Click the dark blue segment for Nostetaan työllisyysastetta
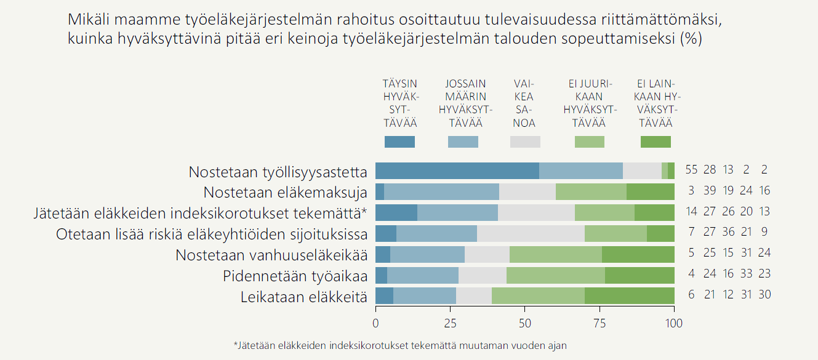click(x=457, y=171)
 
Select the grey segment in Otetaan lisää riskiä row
click(x=531, y=234)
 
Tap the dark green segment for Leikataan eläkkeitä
click(x=629, y=296)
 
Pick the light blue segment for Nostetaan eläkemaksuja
click(x=441, y=192)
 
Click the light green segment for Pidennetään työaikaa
click(x=555, y=275)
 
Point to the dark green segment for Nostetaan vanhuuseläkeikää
click(x=638, y=254)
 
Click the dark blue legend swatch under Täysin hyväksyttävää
click(x=399, y=142)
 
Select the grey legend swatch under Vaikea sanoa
click(x=525, y=142)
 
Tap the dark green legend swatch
click(x=656, y=142)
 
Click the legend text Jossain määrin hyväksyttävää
click(x=465, y=103)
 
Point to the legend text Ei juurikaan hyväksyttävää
click(x=589, y=103)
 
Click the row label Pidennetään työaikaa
click(x=295, y=276)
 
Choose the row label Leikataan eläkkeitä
click(x=304, y=297)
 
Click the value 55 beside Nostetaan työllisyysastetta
click(x=691, y=170)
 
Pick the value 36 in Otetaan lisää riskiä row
click(x=728, y=233)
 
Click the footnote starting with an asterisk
click(x=399, y=345)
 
